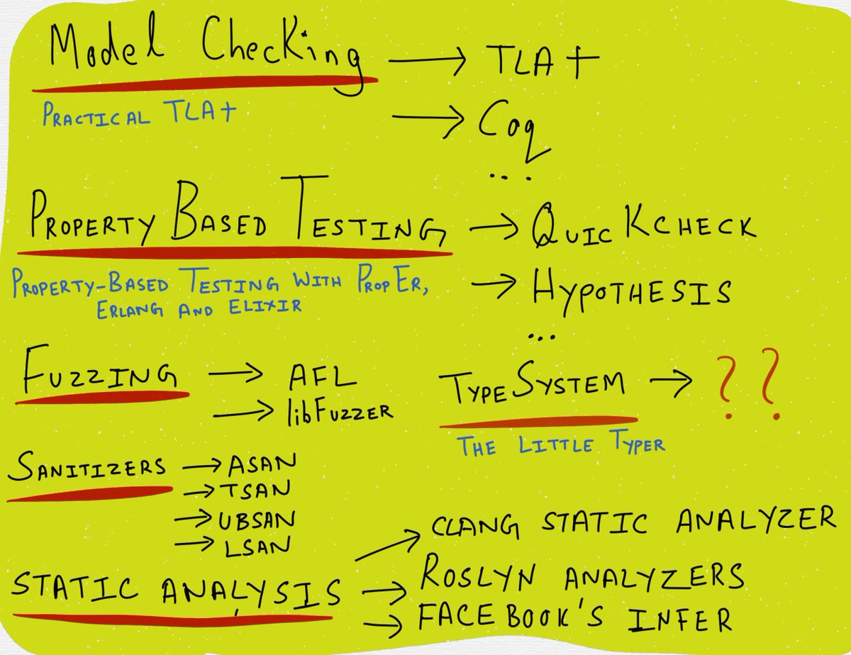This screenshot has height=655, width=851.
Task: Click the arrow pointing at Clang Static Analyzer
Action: (386, 546)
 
